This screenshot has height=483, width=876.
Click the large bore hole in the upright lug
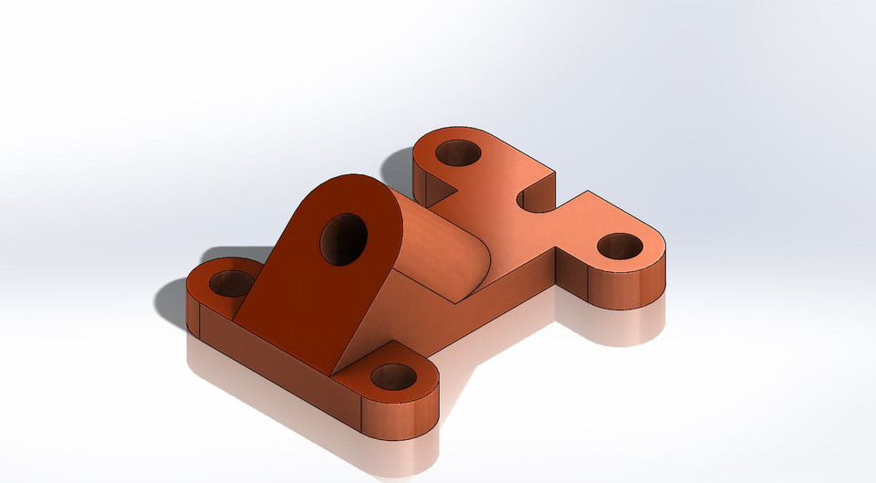tap(343, 239)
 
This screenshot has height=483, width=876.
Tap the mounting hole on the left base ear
tap(233, 282)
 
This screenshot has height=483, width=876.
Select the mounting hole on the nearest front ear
tap(393, 375)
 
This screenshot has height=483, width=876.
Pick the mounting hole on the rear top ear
tap(457, 152)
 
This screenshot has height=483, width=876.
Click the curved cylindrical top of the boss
tap(438, 247)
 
